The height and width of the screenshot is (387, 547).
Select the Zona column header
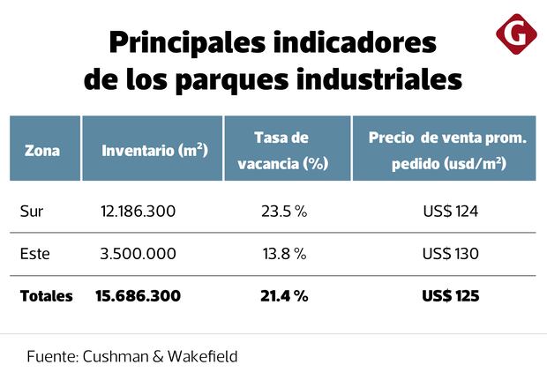(42, 151)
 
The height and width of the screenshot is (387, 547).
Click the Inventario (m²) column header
(154, 151)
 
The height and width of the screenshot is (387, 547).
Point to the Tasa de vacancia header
(281, 151)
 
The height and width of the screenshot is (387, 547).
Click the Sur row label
(31, 212)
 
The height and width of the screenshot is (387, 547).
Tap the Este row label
(34, 254)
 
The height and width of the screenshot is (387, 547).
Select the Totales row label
(47, 296)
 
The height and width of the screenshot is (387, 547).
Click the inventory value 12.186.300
(139, 212)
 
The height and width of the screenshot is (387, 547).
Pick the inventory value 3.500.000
(139, 254)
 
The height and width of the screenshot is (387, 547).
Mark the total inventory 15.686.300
(138, 296)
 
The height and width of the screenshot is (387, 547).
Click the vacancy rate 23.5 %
(283, 212)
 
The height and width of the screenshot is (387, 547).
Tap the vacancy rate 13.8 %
(283, 254)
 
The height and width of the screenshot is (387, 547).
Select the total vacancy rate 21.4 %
(284, 296)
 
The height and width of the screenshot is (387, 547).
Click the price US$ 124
(450, 212)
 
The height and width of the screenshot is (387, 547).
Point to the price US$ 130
(450, 254)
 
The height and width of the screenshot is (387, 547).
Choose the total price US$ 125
(450, 296)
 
